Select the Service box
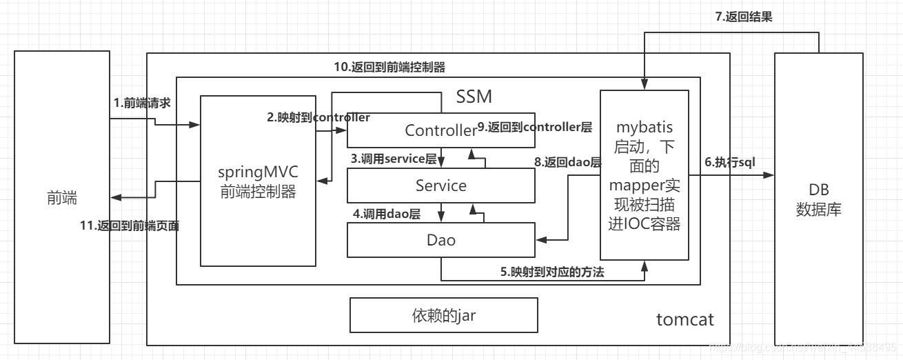pos(441,186)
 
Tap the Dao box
pos(441,241)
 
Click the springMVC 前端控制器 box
pos(258,181)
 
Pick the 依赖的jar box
pos(443,316)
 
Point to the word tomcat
pos(684,319)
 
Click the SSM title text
pos(474,97)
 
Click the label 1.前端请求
pos(142,103)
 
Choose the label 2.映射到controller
pos(318,117)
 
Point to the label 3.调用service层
pos(394,159)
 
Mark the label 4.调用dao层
pos(387,214)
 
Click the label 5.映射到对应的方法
pos(552,272)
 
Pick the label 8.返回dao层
pos(568,163)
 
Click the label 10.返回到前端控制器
pos(389,67)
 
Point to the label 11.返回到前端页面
pos(130,226)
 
